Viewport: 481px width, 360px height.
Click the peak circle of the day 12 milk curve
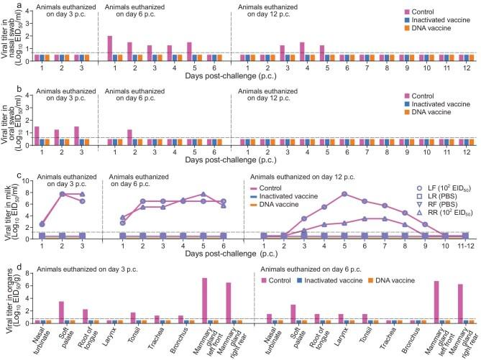pos(345,194)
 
